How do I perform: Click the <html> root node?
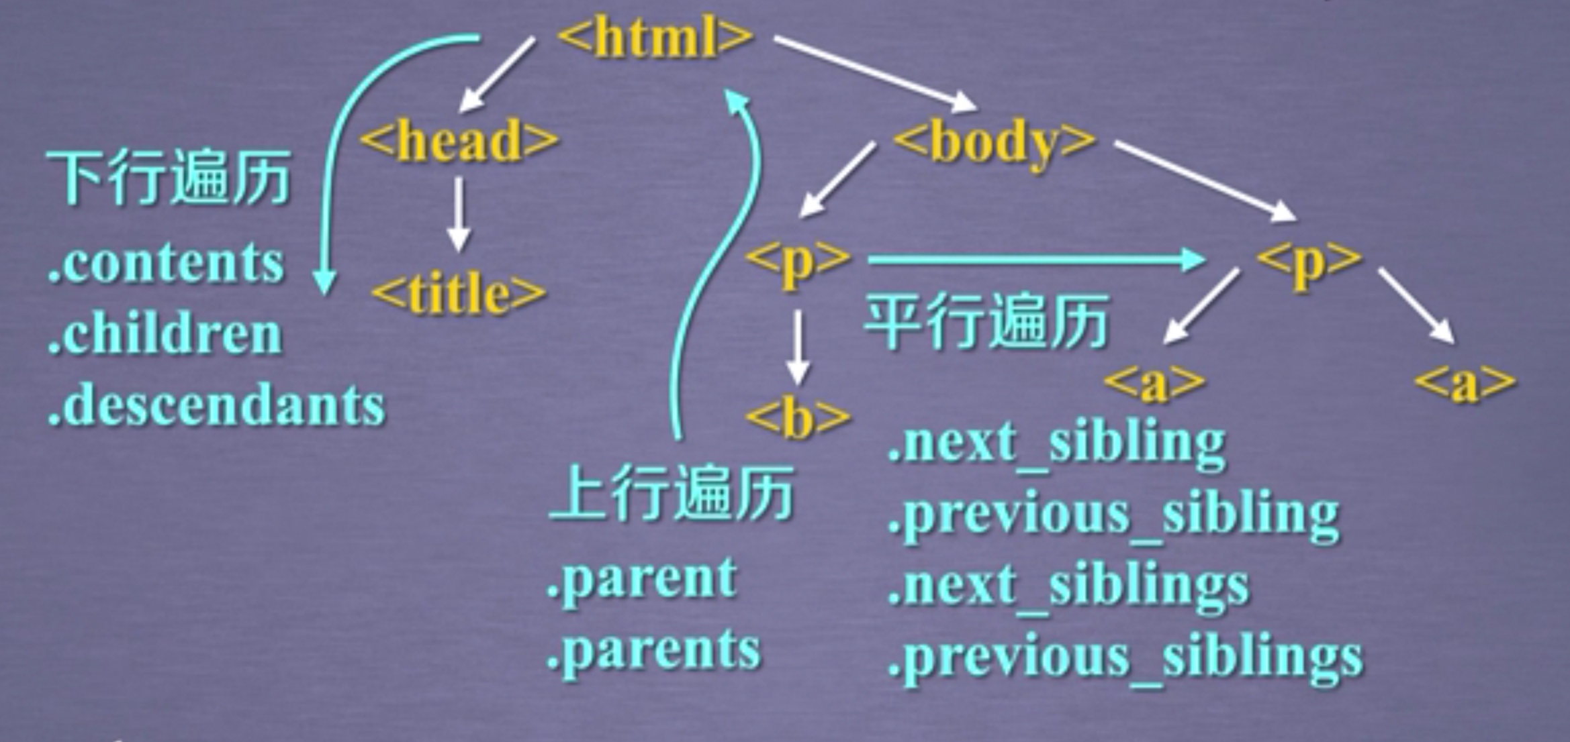click(655, 37)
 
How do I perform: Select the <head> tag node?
click(460, 140)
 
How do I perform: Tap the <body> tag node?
click(995, 142)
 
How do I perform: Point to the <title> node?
click(459, 294)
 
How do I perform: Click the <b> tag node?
click(798, 419)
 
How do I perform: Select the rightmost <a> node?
click(1465, 383)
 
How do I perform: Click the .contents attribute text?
click(166, 262)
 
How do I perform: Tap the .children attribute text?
click(165, 333)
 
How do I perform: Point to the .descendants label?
click(216, 405)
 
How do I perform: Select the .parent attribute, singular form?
click(641, 578)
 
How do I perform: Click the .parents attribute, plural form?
click(653, 649)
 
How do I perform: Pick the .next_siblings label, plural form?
click(1068, 586)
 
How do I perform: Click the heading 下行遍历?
click(168, 177)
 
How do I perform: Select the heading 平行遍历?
click(985, 322)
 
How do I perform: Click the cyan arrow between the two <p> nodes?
click(1034, 260)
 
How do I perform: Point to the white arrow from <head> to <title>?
click(459, 213)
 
